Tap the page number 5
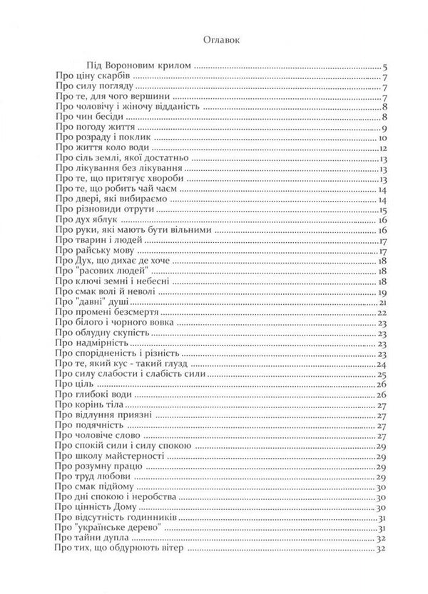pos(384,66)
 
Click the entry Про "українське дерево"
pos(108,528)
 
